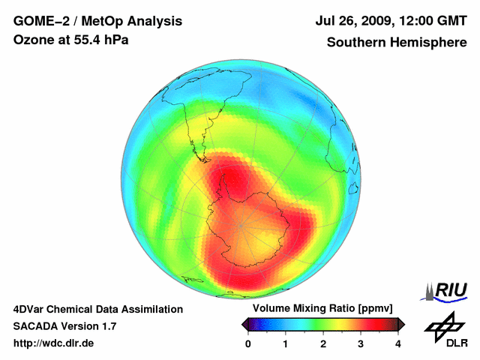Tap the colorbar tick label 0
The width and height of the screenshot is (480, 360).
(248, 343)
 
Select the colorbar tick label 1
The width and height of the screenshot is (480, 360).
(286, 343)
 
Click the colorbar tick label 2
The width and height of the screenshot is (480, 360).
(323, 343)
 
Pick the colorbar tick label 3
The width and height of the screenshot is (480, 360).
(361, 343)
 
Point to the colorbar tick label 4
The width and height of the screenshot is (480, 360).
(398, 343)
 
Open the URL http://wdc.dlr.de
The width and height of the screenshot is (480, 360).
(54, 343)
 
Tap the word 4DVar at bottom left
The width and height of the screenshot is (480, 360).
(29, 309)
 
